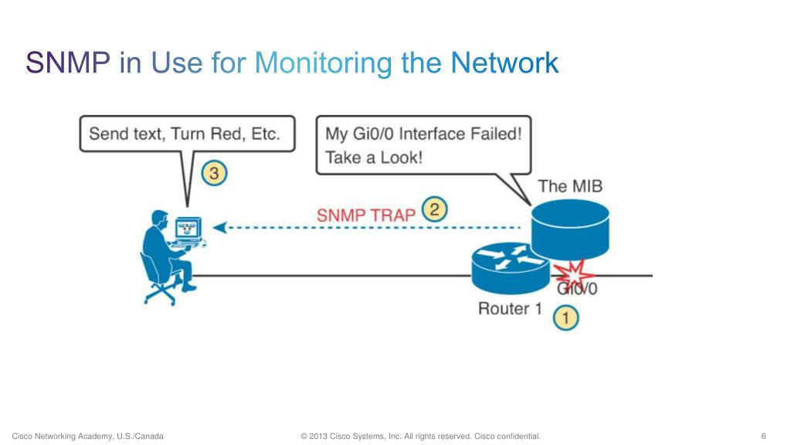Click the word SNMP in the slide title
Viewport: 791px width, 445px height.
tap(68, 63)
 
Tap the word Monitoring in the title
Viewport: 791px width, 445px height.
tap(323, 64)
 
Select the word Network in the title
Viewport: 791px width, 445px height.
tap(504, 63)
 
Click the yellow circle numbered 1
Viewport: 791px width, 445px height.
tap(565, 318)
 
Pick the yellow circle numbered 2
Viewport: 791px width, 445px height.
tap(434, 209)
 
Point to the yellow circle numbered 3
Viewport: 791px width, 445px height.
tap(214, 173)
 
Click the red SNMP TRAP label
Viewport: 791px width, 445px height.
tap(365, 216)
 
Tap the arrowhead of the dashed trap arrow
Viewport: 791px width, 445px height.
tap(219, 228)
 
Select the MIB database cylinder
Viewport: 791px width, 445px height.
tap(570, 229)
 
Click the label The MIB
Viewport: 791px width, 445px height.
tap(570, 186)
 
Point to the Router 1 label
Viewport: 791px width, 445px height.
tap(510, 308)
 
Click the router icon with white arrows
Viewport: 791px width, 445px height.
tap(510, 268)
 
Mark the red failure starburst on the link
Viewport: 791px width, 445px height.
tap(574, 275)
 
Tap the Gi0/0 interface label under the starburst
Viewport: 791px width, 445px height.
tap(577, 289)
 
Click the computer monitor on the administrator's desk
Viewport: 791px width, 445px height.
tap(188, 228)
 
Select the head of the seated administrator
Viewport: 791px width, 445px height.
tap(160, 219)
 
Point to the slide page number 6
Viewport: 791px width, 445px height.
tap(763, 436)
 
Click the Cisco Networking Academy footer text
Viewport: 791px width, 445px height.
tap(88, 437)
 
